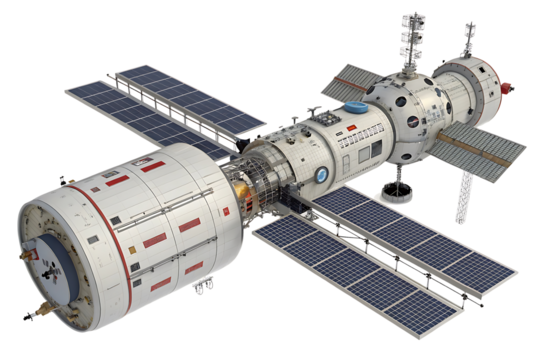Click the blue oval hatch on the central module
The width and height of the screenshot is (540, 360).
tap(356, 109)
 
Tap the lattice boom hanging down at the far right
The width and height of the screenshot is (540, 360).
tap(462, 195)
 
